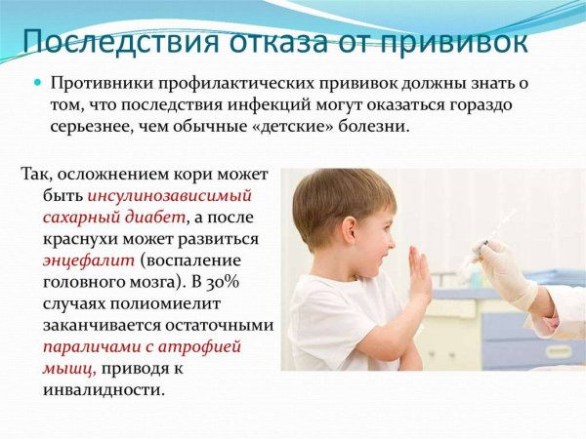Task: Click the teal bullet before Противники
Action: [x=39, y=84]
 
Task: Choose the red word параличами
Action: [x=90, y=346]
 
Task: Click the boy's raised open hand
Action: [x=420, y=275]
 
